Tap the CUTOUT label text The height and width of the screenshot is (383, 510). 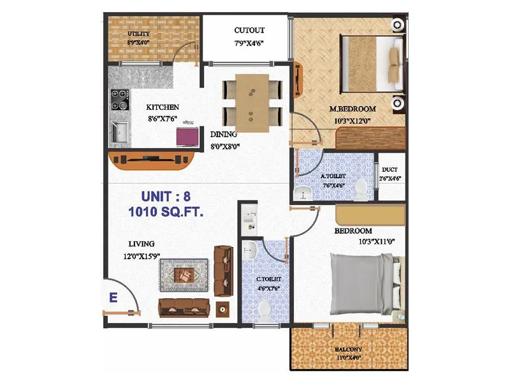coord(249,31)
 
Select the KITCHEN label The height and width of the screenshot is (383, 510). coord(163,107)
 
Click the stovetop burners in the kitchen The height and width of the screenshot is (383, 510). coord(119,102)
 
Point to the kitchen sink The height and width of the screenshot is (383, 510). coord(119,133)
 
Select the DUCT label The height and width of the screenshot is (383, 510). coord(390,170)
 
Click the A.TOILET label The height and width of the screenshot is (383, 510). coord(333,176)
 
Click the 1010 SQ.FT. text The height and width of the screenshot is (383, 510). coord(165,212)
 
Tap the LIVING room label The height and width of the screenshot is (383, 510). coord(141,244)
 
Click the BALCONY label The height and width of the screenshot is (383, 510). coord(349,349)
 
